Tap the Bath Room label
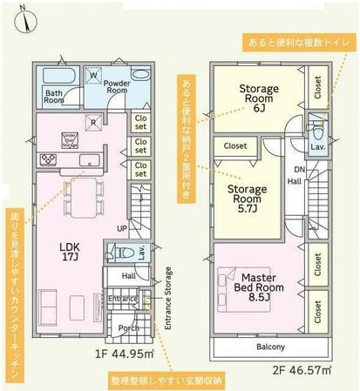54,96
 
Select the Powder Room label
118,85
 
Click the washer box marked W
94,76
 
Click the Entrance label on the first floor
124,299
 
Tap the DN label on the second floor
299,169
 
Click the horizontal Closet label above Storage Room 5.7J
234,146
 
